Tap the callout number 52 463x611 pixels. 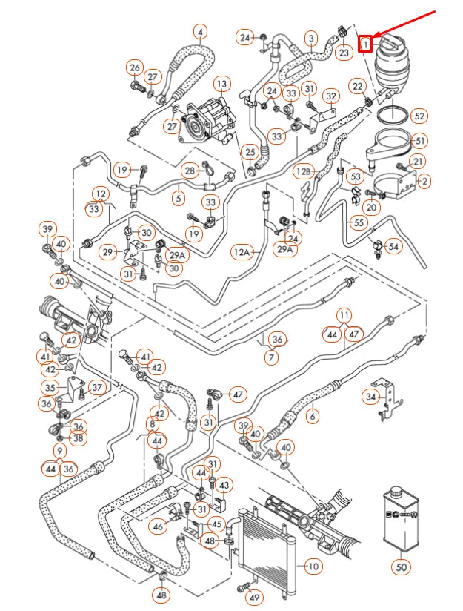419,116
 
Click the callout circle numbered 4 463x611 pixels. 201,32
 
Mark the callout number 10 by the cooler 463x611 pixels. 313,566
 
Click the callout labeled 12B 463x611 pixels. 304,171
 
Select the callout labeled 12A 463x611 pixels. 242,253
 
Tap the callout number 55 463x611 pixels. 359,222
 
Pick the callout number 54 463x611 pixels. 393,245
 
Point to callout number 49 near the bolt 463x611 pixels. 254,598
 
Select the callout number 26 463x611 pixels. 134,68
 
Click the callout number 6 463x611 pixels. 312,417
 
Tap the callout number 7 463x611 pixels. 271,358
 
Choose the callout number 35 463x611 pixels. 50,387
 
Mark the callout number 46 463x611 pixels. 158,526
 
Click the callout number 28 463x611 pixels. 190,171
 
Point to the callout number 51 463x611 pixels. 419,141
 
